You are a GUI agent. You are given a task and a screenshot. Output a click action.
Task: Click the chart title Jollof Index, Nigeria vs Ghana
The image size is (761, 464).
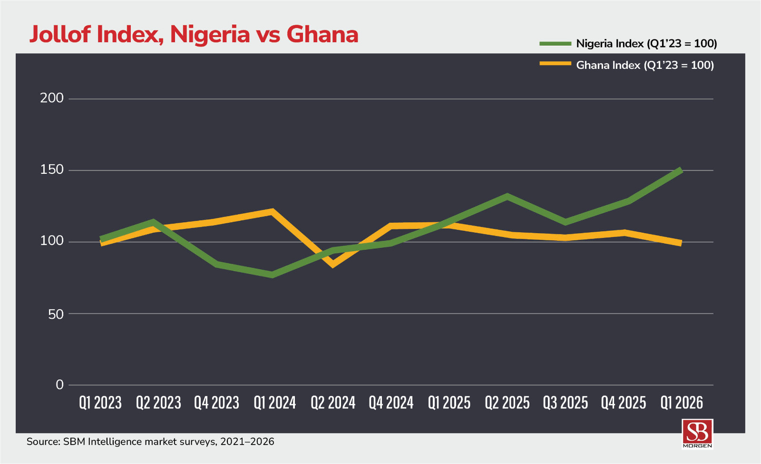click(194, 35)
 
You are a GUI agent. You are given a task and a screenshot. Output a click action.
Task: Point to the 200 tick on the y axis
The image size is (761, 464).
click(52, 98)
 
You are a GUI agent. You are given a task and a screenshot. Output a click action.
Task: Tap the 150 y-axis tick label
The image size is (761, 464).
click(52, 170)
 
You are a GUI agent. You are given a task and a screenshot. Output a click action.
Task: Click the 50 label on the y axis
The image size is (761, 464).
click(56, 314)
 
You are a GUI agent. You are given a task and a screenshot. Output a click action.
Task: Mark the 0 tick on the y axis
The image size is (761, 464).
click(59, 385)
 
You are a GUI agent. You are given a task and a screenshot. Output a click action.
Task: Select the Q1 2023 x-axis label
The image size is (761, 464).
click(100, 403)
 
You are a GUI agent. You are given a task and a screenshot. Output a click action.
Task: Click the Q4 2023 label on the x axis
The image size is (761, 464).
click(216, 403)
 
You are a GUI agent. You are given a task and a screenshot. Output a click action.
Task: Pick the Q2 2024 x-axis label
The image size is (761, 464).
click(333, 403)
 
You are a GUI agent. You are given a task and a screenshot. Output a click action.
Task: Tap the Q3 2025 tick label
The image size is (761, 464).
click(566, 403)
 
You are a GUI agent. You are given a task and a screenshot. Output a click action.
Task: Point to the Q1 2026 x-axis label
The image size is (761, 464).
click(682, 403)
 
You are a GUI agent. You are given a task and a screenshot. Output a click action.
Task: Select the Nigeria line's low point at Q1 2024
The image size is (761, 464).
click(273, 275)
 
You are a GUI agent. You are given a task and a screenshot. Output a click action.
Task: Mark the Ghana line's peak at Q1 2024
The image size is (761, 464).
click(272, 211)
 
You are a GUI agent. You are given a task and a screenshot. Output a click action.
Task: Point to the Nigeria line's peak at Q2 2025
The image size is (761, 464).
click(507, 197)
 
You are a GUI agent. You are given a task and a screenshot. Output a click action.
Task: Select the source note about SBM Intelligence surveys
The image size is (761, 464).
click(150, 442)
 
